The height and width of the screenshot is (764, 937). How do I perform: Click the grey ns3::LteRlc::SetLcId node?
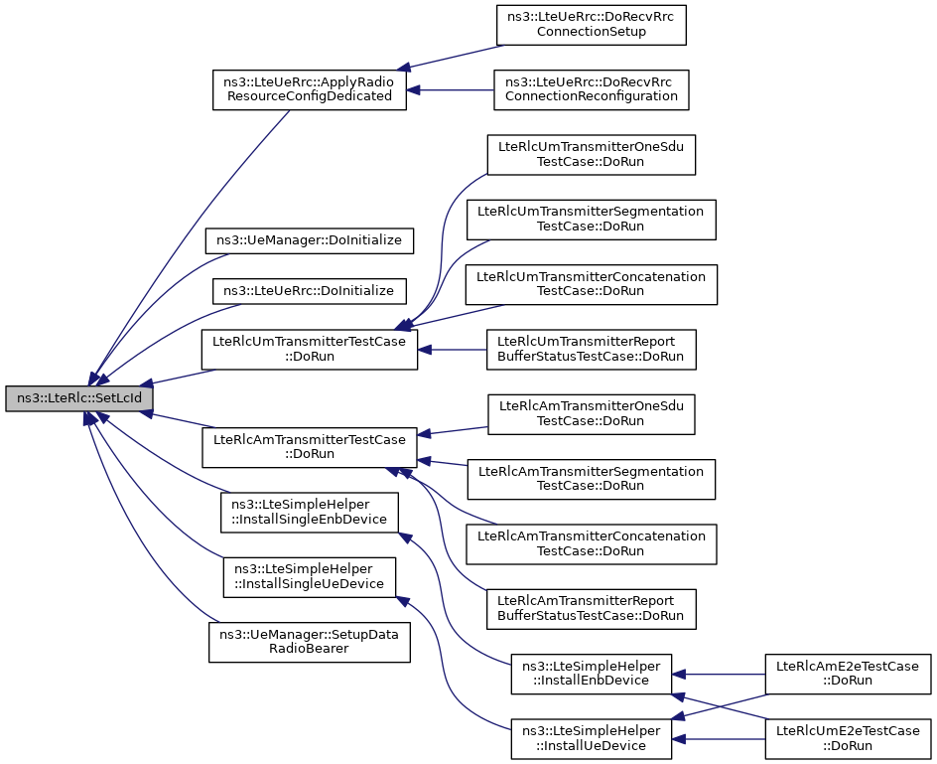click(79, 398)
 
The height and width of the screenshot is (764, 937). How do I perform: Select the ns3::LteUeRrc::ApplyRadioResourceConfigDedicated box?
click(310, 89)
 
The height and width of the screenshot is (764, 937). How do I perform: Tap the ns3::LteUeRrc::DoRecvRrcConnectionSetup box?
click(591, 25)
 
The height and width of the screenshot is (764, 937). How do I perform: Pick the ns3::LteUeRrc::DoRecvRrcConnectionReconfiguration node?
click(591, 89)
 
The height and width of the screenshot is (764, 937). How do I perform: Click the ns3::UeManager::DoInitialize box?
click(309, 240)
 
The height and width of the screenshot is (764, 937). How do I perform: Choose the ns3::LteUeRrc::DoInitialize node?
click(309, 291)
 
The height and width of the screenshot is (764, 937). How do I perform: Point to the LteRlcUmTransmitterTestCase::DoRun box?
click(309, 350)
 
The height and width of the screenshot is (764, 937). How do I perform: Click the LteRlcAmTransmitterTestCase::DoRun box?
click(309, 447)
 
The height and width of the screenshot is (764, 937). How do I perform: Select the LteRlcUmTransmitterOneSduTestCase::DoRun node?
click(591, 155)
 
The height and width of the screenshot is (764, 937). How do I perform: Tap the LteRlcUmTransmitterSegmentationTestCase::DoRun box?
click(591, 220)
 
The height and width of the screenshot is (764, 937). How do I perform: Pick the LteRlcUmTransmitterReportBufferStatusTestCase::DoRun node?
click(591, 350)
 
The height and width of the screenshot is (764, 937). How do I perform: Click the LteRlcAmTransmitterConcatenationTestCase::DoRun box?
click(591, 543)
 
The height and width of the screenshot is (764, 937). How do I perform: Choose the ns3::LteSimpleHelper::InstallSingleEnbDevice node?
click(309, 512)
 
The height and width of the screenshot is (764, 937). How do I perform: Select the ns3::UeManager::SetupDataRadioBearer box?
click(309, 642)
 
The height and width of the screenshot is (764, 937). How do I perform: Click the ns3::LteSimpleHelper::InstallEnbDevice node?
click(591, 674)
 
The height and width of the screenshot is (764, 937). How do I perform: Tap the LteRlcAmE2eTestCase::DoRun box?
click(848, 674)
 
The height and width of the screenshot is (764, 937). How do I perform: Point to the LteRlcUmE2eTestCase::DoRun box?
click(848, 739)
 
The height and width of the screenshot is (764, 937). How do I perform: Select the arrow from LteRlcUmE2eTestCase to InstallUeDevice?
click(719, 739)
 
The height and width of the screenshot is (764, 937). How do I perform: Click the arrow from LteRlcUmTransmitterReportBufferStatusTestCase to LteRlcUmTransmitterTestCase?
click(452, 350)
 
